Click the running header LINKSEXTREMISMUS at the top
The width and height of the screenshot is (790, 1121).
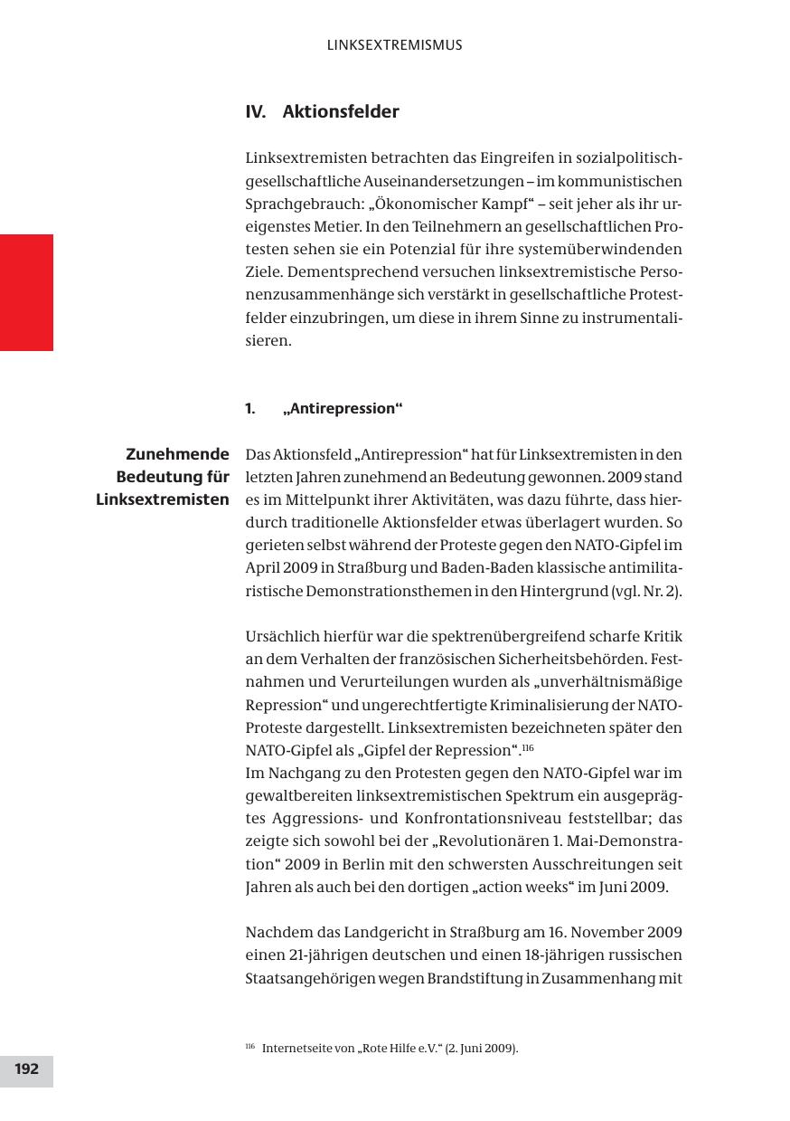pos(394,44)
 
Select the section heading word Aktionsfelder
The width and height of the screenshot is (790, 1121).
pos(341,112)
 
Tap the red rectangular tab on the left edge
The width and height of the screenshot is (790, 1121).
pos(26,292)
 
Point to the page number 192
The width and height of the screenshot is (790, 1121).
pos(26,1069)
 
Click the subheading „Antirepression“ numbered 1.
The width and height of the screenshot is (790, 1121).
pos(343,409)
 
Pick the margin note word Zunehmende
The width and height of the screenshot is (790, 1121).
pos(178,454)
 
